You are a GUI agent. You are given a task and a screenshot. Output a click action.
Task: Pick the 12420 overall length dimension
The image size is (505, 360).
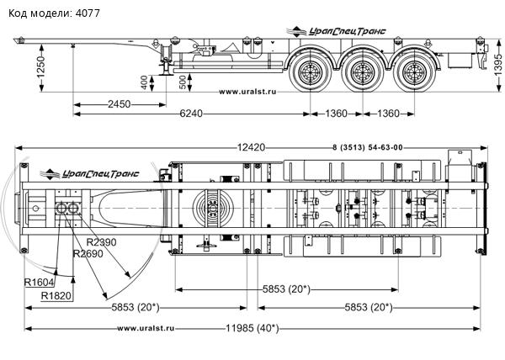(250, 147)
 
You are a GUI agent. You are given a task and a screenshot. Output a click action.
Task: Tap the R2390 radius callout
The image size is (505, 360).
(103, 241)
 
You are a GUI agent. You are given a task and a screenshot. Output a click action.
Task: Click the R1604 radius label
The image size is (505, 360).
(40, 282)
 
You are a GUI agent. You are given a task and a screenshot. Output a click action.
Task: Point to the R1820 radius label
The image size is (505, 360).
(56, 296)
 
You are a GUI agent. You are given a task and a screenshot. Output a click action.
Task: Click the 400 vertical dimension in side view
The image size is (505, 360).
(144, 82)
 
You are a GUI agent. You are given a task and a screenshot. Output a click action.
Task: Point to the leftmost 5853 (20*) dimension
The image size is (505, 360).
(135, 306)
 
